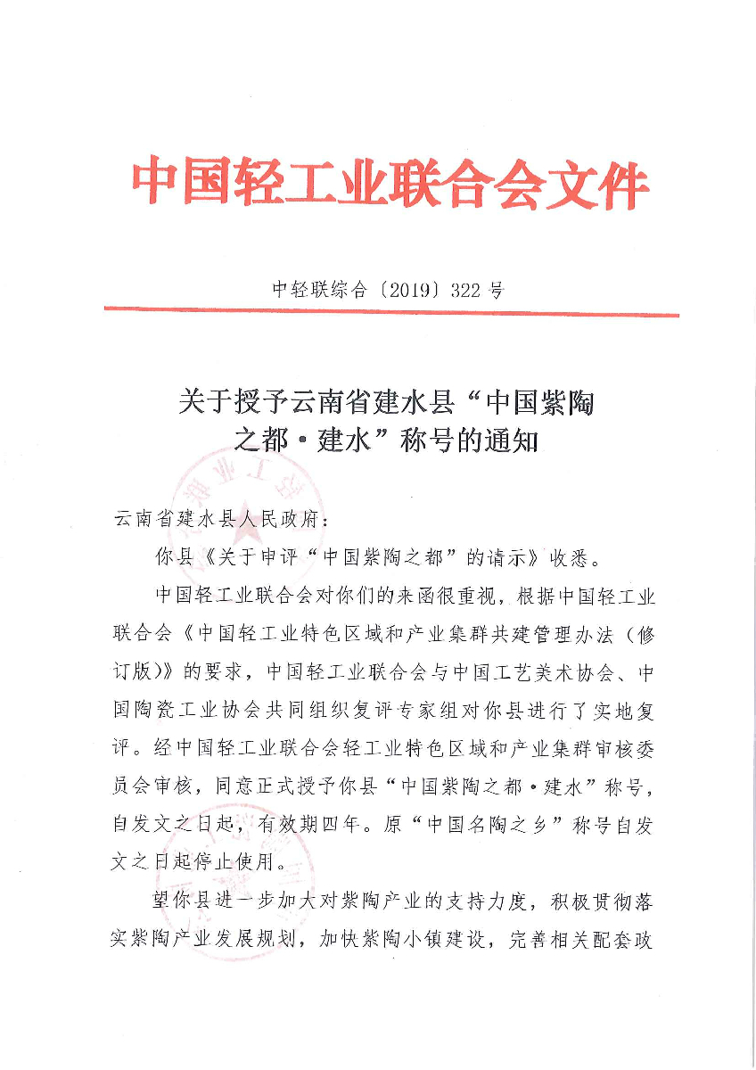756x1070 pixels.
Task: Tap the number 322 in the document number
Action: click(x=470, y=289)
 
